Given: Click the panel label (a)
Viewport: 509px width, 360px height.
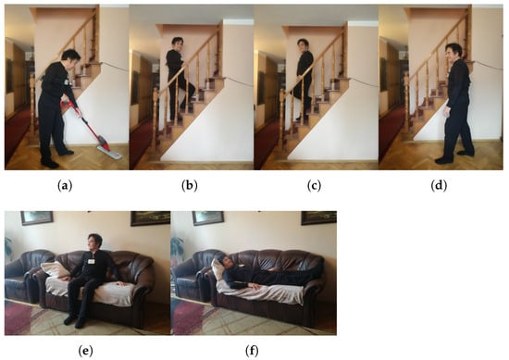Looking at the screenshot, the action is (65, 186).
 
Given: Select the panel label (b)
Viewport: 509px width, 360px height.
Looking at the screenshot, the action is (190, 186).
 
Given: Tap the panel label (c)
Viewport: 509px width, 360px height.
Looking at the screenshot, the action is (314, 186).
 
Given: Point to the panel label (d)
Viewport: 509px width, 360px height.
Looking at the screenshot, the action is (439, 186).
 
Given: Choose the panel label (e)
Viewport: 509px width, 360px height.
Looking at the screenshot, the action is (85, 351).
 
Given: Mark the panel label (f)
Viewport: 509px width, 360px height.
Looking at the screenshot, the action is (252, 351).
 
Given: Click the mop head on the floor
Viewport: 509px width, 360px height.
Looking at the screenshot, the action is (110, 153).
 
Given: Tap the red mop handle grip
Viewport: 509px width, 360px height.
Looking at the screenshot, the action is (65, 104).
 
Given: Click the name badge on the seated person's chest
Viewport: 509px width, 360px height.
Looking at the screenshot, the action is (92, 261).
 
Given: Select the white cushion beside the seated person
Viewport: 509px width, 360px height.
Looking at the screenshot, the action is (55, 269).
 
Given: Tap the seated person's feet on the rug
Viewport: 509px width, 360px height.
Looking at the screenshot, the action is (74, 320).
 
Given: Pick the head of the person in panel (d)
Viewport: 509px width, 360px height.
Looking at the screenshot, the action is (453, 53).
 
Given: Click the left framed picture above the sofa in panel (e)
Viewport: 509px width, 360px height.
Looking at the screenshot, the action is (37, 217).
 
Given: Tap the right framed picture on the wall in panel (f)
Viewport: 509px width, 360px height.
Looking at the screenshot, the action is (318, 217).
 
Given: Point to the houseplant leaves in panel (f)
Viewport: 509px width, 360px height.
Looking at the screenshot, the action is (177, 249).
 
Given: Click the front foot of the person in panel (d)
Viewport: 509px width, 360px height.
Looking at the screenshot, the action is (443, 160).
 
